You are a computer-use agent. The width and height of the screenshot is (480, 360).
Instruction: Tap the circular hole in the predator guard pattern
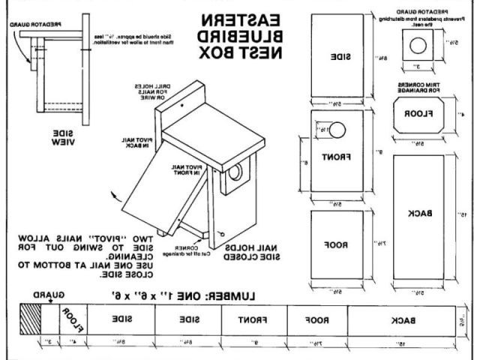(417, 43)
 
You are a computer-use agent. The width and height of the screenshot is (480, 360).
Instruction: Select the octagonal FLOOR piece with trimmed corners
(417, 115)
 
